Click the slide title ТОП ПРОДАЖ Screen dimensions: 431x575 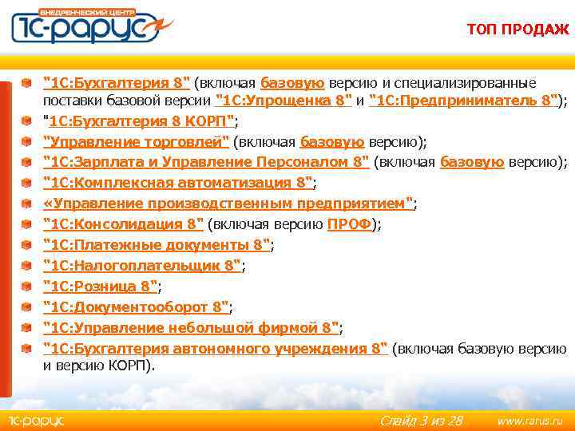[x=518, y=30]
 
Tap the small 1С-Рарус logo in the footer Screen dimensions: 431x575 [x=36, y=420]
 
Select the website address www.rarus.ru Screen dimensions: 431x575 [x=529, y=420]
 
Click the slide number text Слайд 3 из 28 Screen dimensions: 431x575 [x=421, y=420]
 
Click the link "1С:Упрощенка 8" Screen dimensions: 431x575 [x=284, y=101]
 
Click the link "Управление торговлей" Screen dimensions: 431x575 [x=136, y=142]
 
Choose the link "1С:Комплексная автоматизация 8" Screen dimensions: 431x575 [x=177, y=183]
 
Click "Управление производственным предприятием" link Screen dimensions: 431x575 [x=228, y=204]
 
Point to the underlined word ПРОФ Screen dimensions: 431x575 [x=349, y=224]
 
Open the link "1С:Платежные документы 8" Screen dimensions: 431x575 [x=157, y=245]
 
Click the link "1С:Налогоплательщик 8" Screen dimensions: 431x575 [x=141, y=266]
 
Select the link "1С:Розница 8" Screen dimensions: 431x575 [x=101, y=287]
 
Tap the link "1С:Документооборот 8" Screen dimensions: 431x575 [x=136, y=307]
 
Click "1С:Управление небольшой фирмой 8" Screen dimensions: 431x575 [x=191, y=328]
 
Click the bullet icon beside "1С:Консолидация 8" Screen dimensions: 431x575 [x=27, y=224]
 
